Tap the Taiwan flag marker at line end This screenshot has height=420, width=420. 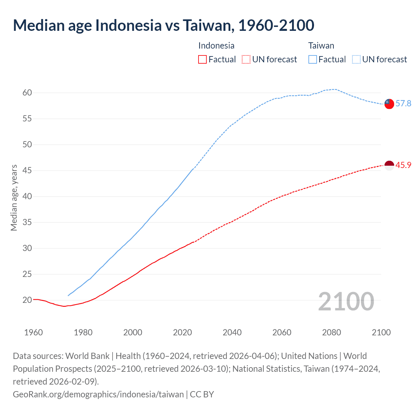tap(389, 104)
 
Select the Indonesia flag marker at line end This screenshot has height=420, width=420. tap(389, 166)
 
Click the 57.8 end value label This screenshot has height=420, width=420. tap(403, 104)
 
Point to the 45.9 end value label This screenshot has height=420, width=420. tap(403, 165)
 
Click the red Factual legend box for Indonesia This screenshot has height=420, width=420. tap(202, 59)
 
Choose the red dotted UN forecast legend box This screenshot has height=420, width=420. tap(246, 59)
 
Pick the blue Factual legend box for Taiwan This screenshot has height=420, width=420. tap(313, 59)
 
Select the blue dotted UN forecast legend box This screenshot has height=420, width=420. tap(356, 59)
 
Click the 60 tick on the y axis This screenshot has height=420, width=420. tap(27, 93)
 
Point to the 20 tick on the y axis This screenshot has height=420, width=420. tap(27, 300)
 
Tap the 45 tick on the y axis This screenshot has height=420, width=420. tap(27, 171)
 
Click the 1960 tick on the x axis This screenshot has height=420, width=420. tap(33, 332)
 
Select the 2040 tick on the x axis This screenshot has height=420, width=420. tap(232, 332)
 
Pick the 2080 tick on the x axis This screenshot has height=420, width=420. tap(331, 332)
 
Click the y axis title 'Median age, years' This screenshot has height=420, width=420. tap(14, 198)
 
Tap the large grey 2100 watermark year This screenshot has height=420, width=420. tap(346, 302)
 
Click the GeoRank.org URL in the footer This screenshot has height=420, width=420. tap(98, 394)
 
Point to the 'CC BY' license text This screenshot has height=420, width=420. tap(202, 394)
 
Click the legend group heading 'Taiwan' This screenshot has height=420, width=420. tap(321, 46)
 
